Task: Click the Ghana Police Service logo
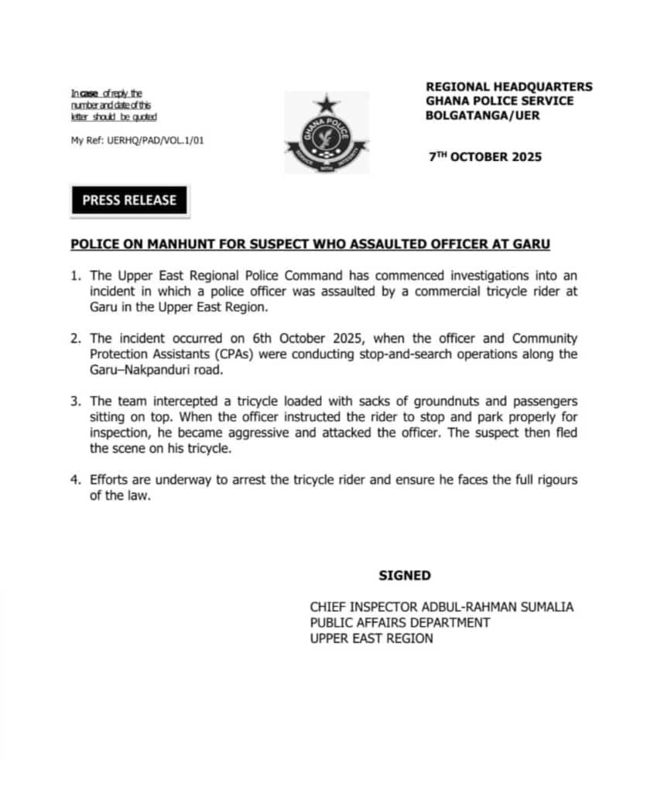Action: pos(327,133)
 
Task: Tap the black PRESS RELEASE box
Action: pos(129,200)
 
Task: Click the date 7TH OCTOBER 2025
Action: pos(485,157)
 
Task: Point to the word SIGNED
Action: pos(405,576)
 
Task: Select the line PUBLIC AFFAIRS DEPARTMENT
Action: pos(399,623)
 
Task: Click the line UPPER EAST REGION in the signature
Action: pos(371,638)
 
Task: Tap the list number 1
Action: pos(75,275)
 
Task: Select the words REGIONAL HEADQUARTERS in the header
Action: pos(508,87)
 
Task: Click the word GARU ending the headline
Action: pos(531,245)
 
